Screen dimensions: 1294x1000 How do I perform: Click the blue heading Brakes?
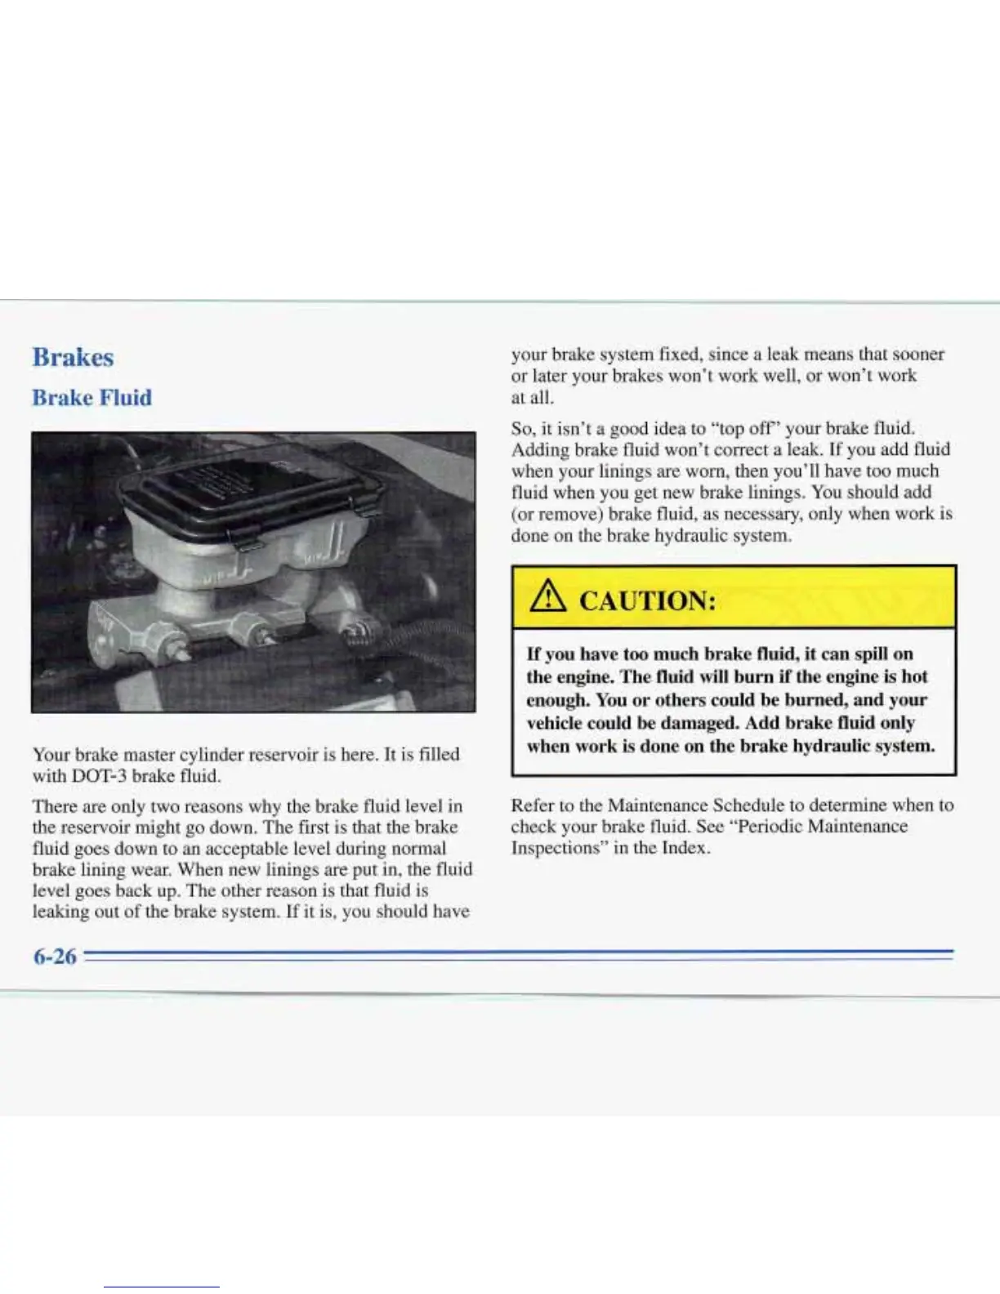pos(73,357)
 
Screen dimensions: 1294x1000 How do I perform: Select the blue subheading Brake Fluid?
pos(92,398)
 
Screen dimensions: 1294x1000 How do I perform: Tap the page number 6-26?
pos(54,955)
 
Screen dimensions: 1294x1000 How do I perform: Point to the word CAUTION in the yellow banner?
pos(647,601)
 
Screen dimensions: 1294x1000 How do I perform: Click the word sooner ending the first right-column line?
pos(918,355)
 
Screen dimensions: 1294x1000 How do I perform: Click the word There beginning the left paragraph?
pos(56,806)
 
